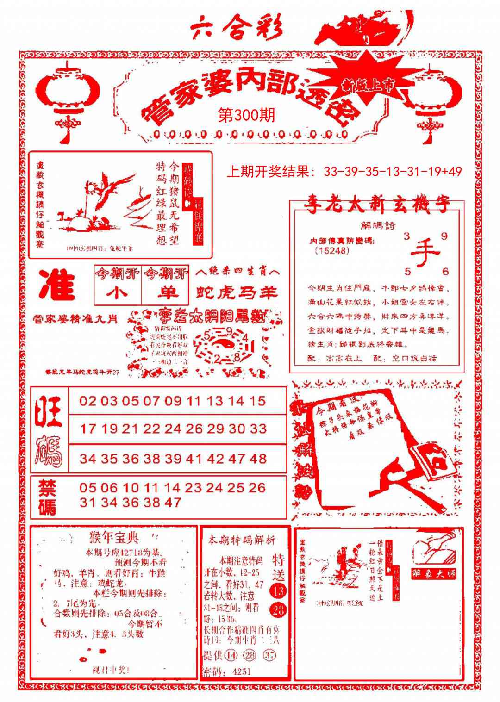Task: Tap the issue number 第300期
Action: click(246, 115)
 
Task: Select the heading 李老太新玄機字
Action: click(376, 206)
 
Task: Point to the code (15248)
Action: click(331, 250)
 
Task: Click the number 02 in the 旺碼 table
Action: click(87, 401)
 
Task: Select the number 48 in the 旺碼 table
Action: click(258, 459)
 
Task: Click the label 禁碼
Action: click(47, 497)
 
